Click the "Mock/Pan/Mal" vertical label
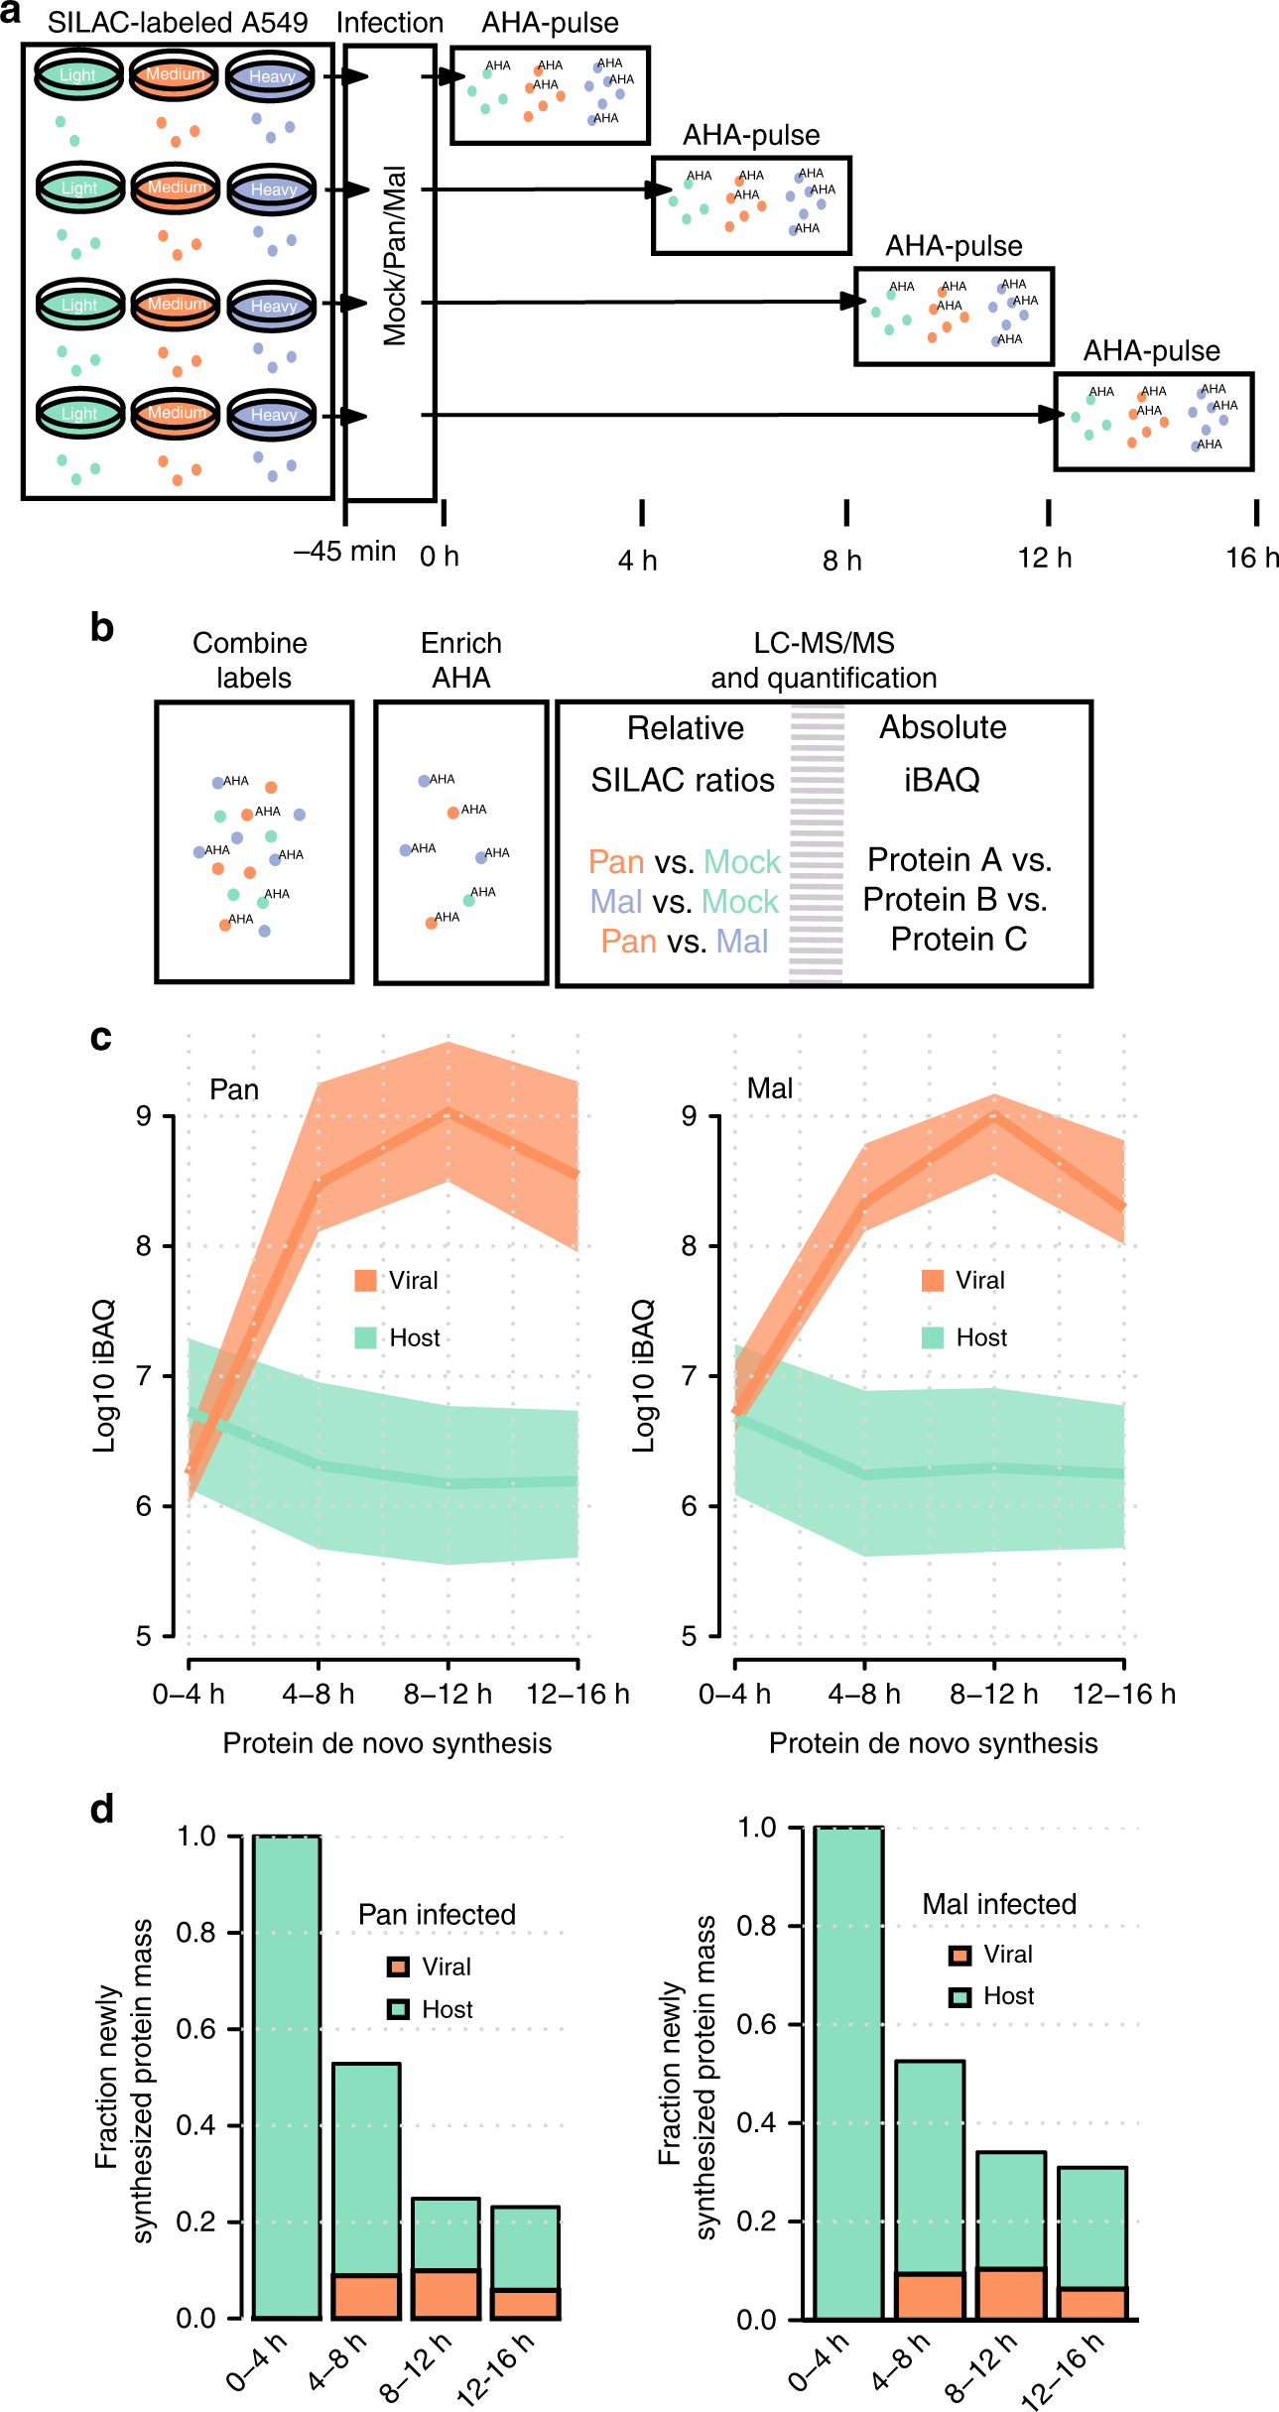(x=395, y=255)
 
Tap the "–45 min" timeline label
(x=344, y=552)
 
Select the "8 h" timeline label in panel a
(x=841, y=561)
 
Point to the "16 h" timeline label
(x=1252, y=558)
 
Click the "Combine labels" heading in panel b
(x=251, y=660)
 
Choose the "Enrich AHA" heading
(x=461, y=660)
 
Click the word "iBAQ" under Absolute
(x=942, y=780)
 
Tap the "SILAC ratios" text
(x=683, y=781)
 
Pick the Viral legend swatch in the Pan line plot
(x=365, y=1281)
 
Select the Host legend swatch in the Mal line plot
(x=933, y=1337)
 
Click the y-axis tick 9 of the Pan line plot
(x=145, y=1117)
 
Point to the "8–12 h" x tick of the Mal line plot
(x=993, y=1694)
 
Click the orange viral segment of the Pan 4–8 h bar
(x=366, y=2296)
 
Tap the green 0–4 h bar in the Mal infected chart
(x=848, y=2073)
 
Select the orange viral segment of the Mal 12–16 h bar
(x=1092, y=2304)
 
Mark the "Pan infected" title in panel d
(x=437, y=1914)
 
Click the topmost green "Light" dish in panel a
(x=78, y=75)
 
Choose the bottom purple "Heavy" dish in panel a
(x=273, y=415)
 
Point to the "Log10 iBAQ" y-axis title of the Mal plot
(x=644, y=1376)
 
